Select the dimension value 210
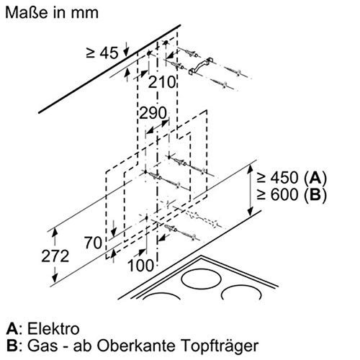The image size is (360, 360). (x=165, y=81)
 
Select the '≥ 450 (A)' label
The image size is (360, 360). (x=297, y=177)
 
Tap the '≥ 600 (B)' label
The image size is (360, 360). (x=297, y=194)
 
